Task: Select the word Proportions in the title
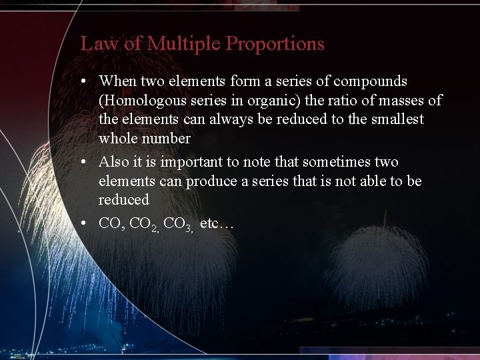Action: (x=275, y=44)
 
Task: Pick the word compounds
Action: (x=370, y=82)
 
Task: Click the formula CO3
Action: (x=178, y=225)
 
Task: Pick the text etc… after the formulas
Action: (x=217, y=224)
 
